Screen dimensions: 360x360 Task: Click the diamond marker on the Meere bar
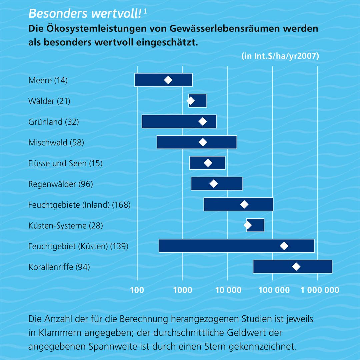(168, 80)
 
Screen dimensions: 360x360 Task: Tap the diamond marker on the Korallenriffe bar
(296, 267)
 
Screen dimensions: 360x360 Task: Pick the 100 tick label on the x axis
(137, 290)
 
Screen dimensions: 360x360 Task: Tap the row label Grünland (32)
(54, 122)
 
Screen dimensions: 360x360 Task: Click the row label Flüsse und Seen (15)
(65, 163)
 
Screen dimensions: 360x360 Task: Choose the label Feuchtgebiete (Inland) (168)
(79, 205)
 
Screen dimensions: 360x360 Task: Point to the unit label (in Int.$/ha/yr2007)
(280, 56)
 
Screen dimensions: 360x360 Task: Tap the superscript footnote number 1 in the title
(146, 11)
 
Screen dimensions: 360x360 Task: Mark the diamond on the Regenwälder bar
(214, 184)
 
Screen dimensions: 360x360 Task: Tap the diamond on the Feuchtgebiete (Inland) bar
(244, 205)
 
